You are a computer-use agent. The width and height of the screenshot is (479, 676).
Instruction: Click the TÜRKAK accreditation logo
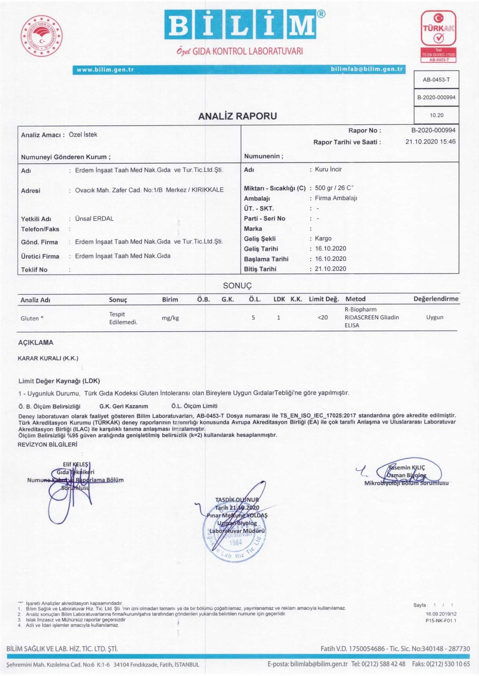[438, 36]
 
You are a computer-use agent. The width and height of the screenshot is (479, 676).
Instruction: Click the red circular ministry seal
[42, 36]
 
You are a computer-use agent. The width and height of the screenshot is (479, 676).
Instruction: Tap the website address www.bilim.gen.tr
[105, 70]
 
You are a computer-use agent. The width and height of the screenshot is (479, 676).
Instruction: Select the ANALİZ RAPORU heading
[238, 116]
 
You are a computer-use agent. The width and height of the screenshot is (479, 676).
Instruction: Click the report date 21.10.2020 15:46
[430, 141]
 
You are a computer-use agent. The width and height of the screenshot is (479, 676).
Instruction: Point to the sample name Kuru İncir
[328, 169]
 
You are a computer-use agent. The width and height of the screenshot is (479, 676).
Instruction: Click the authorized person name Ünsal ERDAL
[94, 219]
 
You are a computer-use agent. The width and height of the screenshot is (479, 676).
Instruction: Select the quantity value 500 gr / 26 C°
[334, 188]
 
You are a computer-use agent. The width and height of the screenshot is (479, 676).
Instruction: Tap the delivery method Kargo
[323, 238]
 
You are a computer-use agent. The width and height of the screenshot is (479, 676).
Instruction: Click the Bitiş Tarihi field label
[260, 269]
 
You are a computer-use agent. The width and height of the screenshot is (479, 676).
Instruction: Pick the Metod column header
[355, 299]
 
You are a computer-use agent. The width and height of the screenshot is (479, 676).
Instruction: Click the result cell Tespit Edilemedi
[123, 318]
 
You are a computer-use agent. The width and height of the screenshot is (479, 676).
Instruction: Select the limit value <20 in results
[323, 318]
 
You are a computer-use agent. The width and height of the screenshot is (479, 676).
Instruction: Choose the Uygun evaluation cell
[435, 317]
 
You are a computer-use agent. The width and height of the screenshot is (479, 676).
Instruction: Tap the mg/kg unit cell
[170, 318]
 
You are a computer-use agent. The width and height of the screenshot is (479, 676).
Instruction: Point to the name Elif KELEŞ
[75, 464]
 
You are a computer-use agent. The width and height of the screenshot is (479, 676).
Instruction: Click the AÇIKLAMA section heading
[36, 342]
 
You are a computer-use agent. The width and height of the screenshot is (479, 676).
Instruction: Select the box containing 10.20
[436, 115]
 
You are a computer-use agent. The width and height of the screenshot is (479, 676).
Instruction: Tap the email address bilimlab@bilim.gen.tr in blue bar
[366, 69]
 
